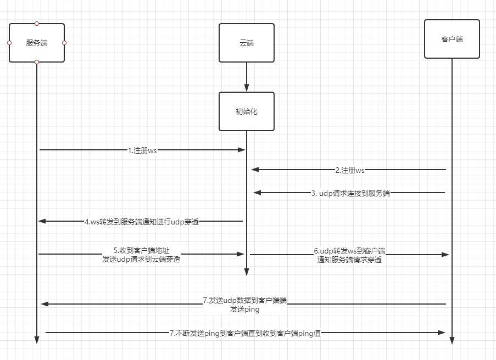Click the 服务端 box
[37, 43]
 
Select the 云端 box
[246, 43]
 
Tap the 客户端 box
[452, 39]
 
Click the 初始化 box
[246, 111]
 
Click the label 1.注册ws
[142, 150]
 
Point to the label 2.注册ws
[350, 170]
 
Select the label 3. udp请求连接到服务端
[350, 193]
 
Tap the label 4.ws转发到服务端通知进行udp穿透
[141, 222]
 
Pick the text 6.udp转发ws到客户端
[349, 251]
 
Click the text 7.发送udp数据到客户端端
[244, 301]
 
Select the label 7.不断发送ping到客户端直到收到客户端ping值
[245, 333]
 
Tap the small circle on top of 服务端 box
[37, 24]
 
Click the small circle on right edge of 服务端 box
[64, 43]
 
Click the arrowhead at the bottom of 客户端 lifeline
[452, 340]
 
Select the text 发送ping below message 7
[244, 309]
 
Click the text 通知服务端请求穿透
[349, 260]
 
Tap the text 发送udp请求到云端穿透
[141, 260]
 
